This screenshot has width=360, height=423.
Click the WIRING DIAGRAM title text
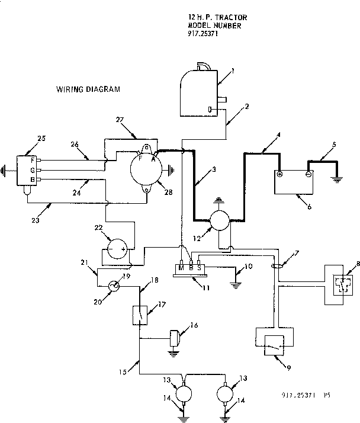point(88,90)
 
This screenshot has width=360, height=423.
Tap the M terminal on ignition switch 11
point(182,268)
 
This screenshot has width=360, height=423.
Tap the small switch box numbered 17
point(140,313)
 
